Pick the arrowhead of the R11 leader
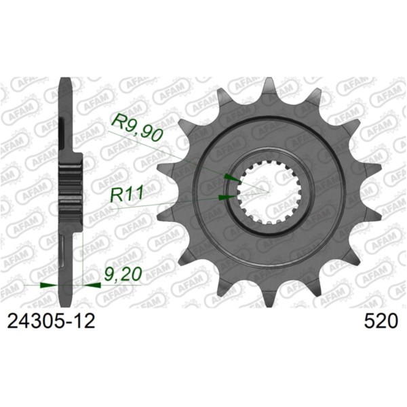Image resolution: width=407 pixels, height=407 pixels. pyautogui.click(x=227, y=197)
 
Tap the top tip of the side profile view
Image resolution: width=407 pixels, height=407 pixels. pyautogui.click(x=65, y=80)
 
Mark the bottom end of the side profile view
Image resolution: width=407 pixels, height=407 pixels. pyautogui.click(x=66, y=299)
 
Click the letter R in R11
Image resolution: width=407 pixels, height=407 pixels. pyautogui.click(x=115, y=195)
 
